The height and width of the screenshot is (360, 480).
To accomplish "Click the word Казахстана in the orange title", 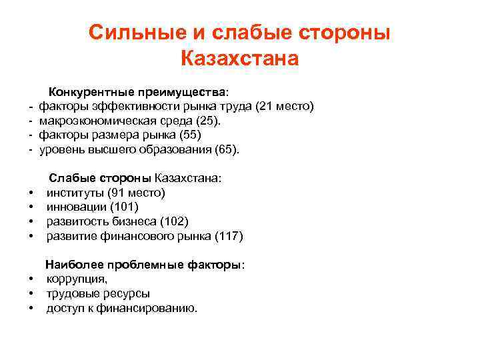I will pyautogui.click(x=239, y=59).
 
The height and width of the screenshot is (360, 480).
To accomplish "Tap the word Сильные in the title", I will pyautogui.click(x=130, y=32).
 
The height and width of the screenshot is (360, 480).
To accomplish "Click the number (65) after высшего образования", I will pyautogui.click(x=227, y=150).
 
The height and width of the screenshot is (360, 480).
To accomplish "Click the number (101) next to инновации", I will pyautogui.click(x=124, y=207).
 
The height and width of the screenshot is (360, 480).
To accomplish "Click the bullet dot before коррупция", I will pyautogui.click(x=31, y=279).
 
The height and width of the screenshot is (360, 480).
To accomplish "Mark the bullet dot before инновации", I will pyautogui.click(x=31, y=207).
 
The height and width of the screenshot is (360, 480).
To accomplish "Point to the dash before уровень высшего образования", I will pyautogui.click(x=31, y=150).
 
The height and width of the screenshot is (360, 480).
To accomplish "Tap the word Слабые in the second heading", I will pyautogui.click(x=71, y=179).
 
